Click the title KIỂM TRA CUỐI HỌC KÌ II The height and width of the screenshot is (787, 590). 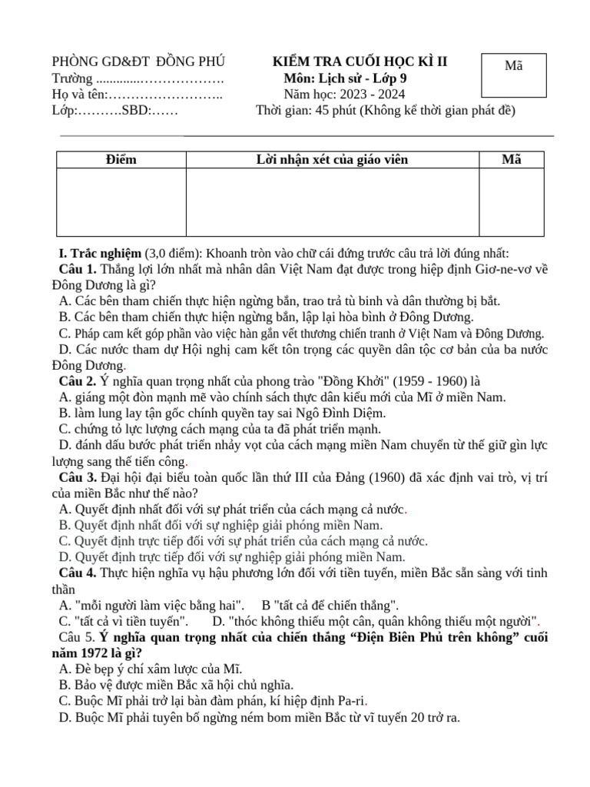pyautogui.click(x=360, y=62)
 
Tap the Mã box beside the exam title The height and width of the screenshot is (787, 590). pyautogui.click(x=513, y=75)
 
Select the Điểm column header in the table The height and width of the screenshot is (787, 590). pyautogui.click(x=121, y=160)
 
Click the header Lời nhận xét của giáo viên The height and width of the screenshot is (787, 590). pyautogui.click(x=332, y=160)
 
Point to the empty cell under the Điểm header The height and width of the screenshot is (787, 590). pyautogui.click(x=121, y=201)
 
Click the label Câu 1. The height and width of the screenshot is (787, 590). pyautogui.click(x=78, y=269)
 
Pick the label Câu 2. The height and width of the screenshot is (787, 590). pyautogui.click(x=78, y=381)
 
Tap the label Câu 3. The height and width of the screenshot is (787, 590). pyautogui.click(x=78, y=478)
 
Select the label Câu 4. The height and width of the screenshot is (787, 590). pyautogui.click(x=78, y=573)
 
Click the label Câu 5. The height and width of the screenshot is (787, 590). pyautogui.click(x=76, y=637)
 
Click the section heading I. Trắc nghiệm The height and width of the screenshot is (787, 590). pyautogui.click(x=100, y=254)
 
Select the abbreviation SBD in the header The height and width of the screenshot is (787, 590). pyautogui.click(x=134, y=111)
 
